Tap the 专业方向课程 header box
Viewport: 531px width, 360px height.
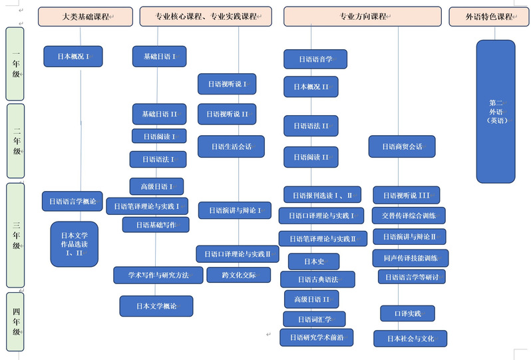[x=362, y=16]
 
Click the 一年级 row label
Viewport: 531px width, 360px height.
[x=15, y=63]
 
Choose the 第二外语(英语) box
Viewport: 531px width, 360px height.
[x=496, y=111]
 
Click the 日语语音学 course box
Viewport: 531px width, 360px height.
[x=315, y=59]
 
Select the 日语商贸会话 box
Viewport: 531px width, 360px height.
[x=402, y=146]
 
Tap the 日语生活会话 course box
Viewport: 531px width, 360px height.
[x=231, y=146]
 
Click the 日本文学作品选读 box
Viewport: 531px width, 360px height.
[x=74, y=244]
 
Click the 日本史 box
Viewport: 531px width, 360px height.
[x=313, y=262]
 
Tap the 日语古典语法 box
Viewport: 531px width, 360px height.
[x=317, y=279]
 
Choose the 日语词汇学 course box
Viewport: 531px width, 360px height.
[x=314, y=319]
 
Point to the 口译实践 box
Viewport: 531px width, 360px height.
[x=407, y=313]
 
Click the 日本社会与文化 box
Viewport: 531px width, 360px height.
[x=410, y=339]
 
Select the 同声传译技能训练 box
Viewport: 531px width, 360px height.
[x=410, y=258]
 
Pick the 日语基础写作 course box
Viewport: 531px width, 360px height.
[x=156, y=225]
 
